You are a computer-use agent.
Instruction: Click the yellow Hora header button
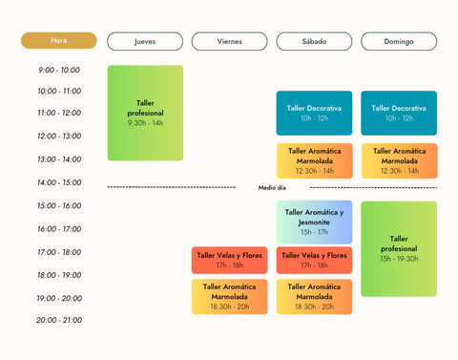pyautogui.click(x=59, y=41)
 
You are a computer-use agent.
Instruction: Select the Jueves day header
pyautogui.click(x=145, y=41)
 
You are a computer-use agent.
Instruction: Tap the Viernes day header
pyautogui.click(x=229, y=41)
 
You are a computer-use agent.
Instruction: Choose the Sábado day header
pyautogui.click(x=314, y=41)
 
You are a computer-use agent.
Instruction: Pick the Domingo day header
pyautogui.click(x=399, y=41)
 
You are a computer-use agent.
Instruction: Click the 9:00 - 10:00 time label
pyautogui.click(x=59, y=70)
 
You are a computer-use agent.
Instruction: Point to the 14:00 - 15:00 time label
pyautogui.click(x=59, y=182)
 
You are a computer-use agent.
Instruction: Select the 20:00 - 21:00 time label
pyautogui.click(x=59, y=320)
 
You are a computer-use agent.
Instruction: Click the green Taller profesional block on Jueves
pyautogui.click(x=145, y=113)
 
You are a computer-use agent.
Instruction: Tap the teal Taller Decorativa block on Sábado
pyautogui.click(x=314, y=113)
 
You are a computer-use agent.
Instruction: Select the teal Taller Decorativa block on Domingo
pyautogui.click(x=399, y=113)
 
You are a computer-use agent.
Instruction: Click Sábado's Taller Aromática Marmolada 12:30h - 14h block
pyautogui.click(x=314, y=160)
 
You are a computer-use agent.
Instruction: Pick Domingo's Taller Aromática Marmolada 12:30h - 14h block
pyautogui.click(x=399, y=160)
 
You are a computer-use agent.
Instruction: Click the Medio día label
pyautogui.click(x=272, y=188)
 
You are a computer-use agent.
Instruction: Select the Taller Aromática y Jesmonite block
pyautogui.click(x=314, y=222)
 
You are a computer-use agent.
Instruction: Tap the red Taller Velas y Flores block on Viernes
pyautogui.click(x=229, y=260)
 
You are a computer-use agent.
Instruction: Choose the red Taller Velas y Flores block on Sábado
pyautogui.click(x=314, y=260)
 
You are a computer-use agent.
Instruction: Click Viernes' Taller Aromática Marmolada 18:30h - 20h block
pyautogui.click(x=229, y=296)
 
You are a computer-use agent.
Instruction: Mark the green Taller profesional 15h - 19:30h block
pyautogui.click(x=399, y=248)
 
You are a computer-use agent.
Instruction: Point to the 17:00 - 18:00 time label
pyautogui.click(x=59, y=252)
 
